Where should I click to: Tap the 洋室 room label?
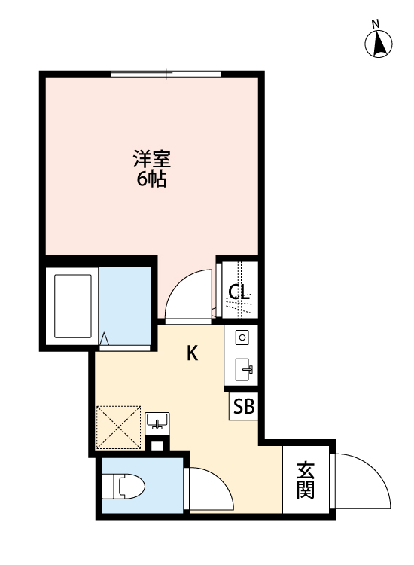point(152,160)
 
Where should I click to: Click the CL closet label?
point(239,292)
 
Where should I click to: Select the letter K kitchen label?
point(193,353)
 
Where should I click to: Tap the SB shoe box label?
point(243,407)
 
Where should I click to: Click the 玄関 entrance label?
point(305,480)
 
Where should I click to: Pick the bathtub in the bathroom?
point(73,307)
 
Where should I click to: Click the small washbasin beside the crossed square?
point(157,421)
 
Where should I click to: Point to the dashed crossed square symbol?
point(119,427)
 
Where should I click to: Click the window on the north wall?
point(166,74)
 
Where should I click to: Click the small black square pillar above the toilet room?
point(157,445)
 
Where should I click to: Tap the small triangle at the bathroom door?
point(106,341)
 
